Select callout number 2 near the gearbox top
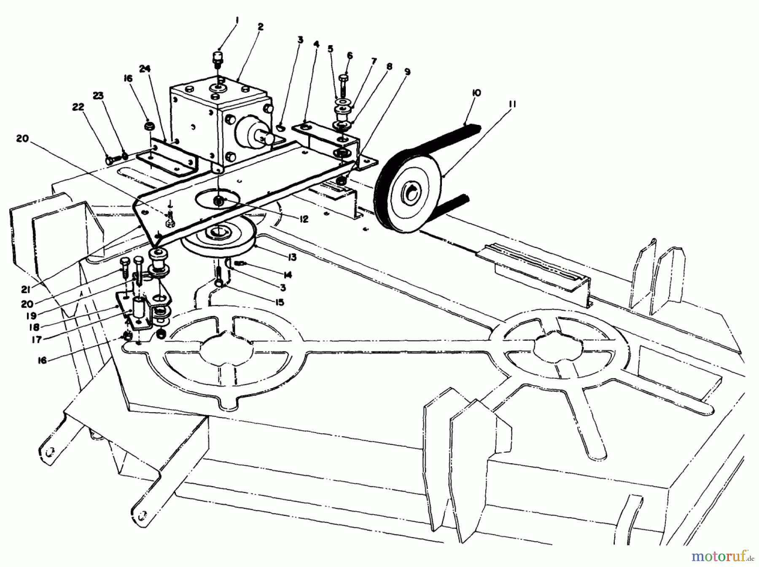coord(260,27)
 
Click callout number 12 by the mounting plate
coord(304,219)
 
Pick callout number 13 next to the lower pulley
coord(292,257)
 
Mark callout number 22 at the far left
coord(78,107)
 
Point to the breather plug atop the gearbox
coord(218,57)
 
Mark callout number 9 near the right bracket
coord(407,72)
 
